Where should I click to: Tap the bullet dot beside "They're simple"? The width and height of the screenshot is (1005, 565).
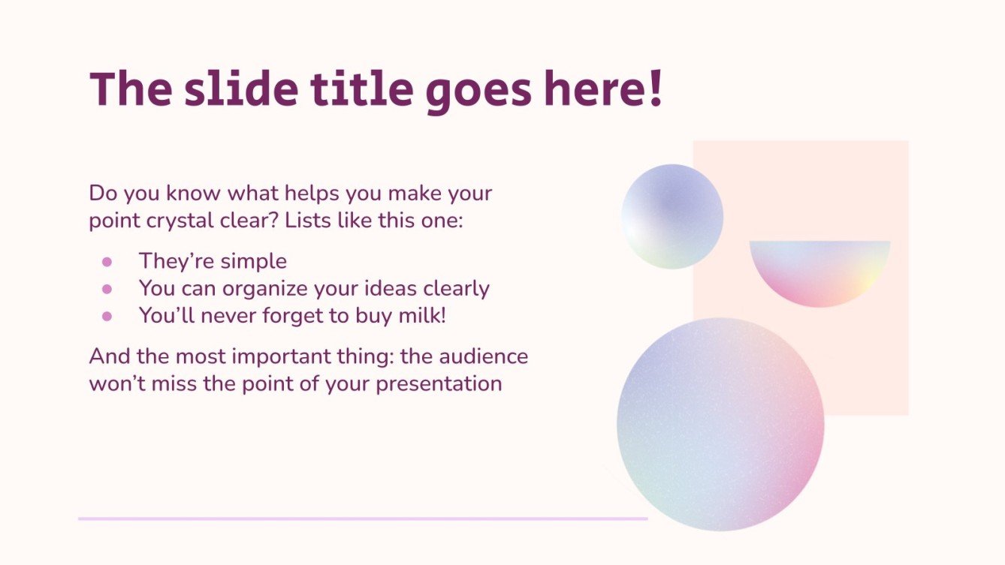point(107,262)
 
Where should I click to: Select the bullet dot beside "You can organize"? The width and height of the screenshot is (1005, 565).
point(107,289)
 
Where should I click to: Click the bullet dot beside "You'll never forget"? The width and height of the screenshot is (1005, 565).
point(107,316)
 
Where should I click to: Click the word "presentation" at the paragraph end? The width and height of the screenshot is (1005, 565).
point(439,383)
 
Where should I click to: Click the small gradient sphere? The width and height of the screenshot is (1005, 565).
point(672,217)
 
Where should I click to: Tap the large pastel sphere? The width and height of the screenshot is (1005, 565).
point(720,424)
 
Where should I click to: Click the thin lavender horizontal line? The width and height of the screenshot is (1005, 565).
point(363,518)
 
